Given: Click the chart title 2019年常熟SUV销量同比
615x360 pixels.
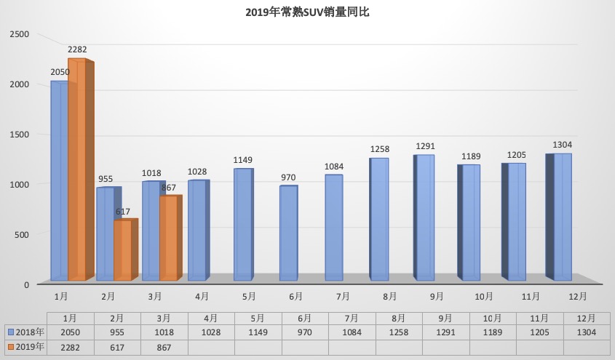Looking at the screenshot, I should click(308, 12).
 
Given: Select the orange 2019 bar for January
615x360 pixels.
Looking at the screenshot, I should click(77, 171).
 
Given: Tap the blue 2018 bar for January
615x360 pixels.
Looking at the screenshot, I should click(59, 182).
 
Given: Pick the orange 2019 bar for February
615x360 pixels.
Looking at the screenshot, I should click(122, 251).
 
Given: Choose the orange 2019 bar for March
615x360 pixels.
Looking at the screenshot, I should click(168, 239).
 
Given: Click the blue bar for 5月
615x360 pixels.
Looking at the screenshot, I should click(243, 225).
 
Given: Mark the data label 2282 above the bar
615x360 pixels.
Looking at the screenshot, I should click(77, 50).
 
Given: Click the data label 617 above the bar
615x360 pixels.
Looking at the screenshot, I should click(122, 212).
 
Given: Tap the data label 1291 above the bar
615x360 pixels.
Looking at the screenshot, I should click(425, 146).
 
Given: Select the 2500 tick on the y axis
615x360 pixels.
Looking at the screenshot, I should click(20, 34).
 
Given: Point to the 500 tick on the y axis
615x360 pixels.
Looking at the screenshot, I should click(22, 234).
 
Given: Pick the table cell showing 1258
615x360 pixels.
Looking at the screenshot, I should click(399, 332).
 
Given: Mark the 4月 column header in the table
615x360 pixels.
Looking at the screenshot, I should click(211, 319).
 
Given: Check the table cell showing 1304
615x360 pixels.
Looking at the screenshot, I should click(586, 332).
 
